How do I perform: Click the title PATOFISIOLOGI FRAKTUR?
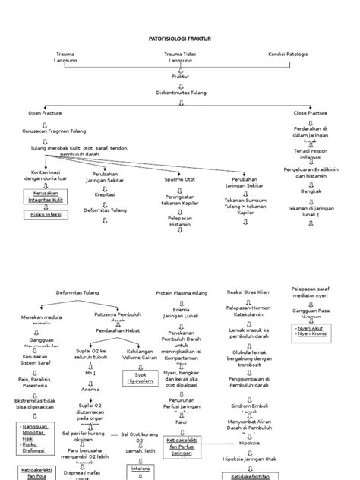180,37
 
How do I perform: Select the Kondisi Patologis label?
289,54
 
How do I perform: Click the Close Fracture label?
310,112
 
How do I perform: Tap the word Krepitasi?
105,194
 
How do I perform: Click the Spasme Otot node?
179,180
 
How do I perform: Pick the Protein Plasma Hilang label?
179,292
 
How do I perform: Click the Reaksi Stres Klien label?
247,292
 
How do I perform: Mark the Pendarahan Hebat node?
115,330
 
